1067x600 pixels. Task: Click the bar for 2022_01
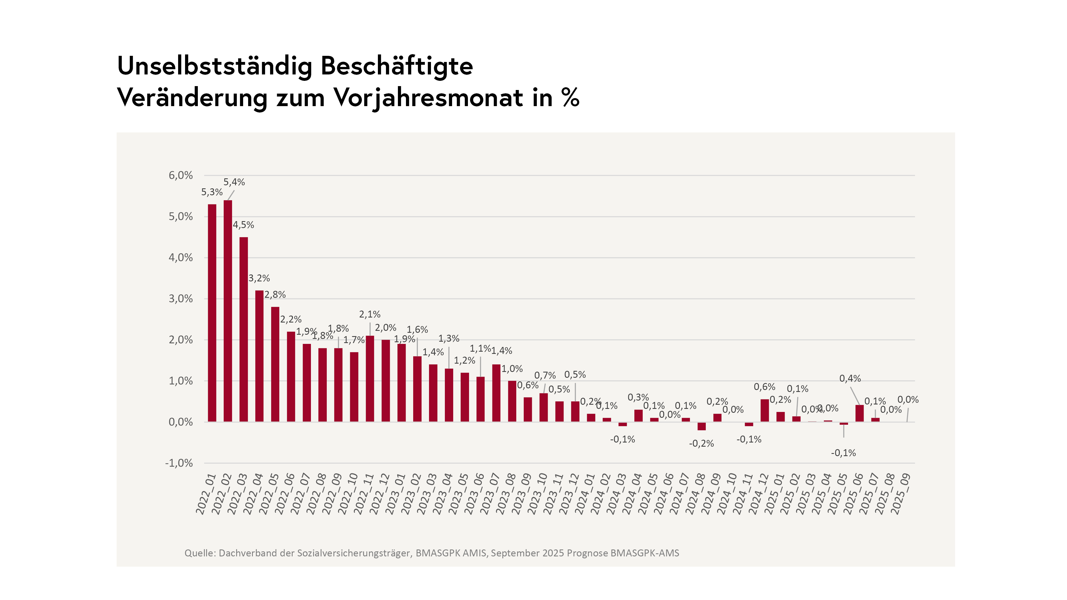(212, 312)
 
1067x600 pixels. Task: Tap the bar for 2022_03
(244, 329)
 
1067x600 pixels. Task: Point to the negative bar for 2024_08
(702, 426)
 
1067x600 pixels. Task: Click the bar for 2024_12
(765, 410)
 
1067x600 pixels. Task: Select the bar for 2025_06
(859, 413)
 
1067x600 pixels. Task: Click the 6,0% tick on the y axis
(181, 175)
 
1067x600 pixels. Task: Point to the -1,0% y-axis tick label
(179, 463)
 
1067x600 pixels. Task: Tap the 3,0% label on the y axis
(181, 299)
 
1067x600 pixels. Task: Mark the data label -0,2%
(701, 444)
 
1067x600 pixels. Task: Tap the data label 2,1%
(370, 314)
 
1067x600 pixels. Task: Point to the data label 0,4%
(850, 378)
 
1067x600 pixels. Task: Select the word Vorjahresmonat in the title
(428, 98)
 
